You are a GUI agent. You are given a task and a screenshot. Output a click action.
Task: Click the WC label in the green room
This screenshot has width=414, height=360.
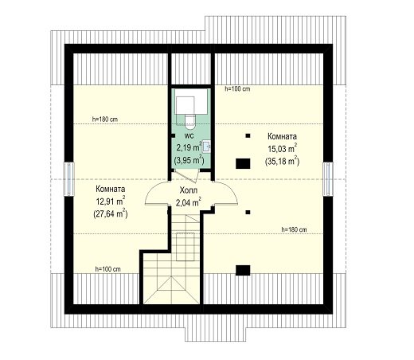pos(189,136)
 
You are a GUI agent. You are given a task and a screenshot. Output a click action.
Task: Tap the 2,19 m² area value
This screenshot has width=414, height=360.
pos(189,147)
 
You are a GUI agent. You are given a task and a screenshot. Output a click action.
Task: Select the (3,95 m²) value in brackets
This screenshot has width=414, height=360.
pos(189,160)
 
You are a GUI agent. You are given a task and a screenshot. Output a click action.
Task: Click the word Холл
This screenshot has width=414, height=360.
pos(189,190)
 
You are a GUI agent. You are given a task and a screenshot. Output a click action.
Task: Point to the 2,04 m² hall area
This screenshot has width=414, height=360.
pos(188,202)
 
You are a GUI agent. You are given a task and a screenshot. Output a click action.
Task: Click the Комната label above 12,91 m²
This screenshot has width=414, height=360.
pos(111,190)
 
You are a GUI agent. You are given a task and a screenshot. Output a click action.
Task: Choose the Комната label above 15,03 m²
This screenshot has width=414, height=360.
pos(282,136)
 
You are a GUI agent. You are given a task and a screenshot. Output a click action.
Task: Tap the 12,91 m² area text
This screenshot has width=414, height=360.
pos(111,202)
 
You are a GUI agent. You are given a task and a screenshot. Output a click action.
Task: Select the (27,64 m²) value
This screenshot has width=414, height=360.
pos(111,213)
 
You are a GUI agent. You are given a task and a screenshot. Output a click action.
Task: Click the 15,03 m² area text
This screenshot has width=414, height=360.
pos(282,149)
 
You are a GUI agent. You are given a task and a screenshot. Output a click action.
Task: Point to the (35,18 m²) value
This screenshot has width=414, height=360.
pos(282,161)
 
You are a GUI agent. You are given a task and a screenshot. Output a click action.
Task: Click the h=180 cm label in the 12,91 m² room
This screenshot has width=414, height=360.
pos(105,119)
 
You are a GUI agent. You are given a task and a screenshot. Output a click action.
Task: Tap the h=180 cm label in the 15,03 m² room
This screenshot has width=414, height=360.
pos(294,229)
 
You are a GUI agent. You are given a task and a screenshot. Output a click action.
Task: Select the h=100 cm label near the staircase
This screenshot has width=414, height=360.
pos(107,269)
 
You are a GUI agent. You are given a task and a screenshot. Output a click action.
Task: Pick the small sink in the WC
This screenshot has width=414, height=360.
pos(206,147)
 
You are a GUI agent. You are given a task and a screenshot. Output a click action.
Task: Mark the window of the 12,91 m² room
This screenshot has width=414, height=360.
pos(68,179)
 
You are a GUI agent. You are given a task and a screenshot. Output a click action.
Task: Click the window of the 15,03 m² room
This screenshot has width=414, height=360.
pos(328,179)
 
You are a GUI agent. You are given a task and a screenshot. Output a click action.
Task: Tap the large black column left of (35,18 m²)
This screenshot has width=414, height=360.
pos(243,163)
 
